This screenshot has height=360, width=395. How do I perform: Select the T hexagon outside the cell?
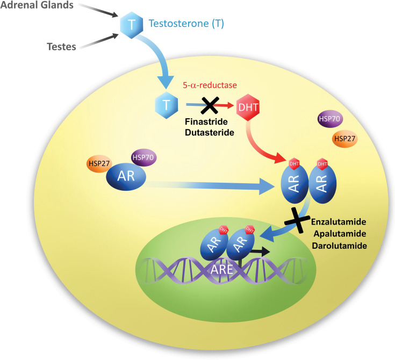point(130,24)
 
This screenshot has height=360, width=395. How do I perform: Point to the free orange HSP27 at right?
point(345,138)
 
